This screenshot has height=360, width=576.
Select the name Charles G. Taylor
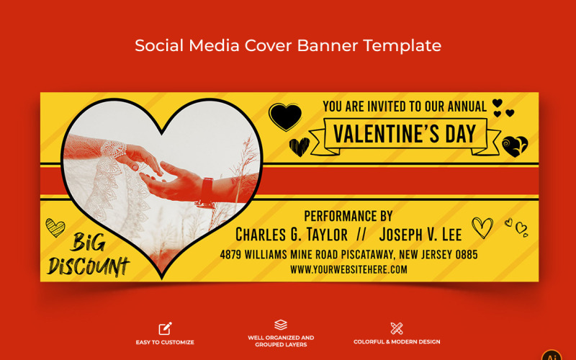(x=292, y=235)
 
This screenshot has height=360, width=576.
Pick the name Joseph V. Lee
(x=420, y=235)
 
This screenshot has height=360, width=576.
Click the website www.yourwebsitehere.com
(x=348, y=269)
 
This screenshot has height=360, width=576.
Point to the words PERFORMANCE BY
(x=348, y=216)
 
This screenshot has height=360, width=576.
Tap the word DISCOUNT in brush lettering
(x=89, y=266)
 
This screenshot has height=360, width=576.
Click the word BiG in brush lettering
(x=88, y=242)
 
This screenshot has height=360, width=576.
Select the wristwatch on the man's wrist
(x=206, y=192)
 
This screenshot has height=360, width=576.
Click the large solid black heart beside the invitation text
(x=285, y=116)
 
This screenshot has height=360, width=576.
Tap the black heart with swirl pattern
(x=515, y=146)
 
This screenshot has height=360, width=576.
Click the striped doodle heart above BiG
(x=55, y=228)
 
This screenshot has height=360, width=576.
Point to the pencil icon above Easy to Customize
(x=165, y=328)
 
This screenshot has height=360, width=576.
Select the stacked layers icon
(x=281, y=325)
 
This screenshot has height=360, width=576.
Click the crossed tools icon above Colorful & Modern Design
(x=397, y=328)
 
